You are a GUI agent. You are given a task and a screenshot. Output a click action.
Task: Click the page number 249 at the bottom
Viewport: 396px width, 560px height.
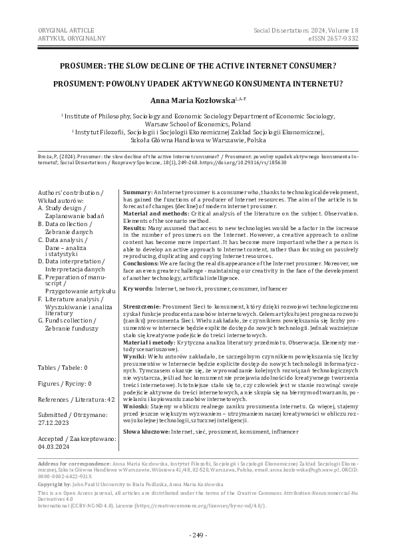pos(198,535)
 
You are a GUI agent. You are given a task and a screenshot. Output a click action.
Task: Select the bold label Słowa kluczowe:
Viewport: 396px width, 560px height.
pos(147,432)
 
